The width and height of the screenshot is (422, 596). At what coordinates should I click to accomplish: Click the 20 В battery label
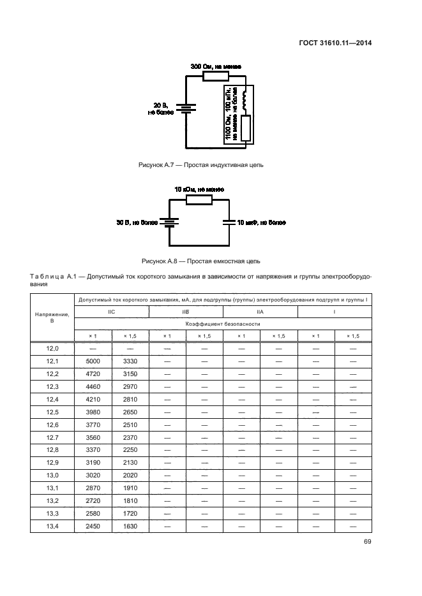click(161, 108)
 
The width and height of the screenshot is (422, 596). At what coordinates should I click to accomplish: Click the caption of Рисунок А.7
click(201, 164)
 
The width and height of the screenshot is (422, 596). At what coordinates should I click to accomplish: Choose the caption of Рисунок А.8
click(201, 261)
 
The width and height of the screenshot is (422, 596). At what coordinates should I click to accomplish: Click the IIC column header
click(111, 312)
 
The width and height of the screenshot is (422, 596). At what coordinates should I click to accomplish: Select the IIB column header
click(186, 312)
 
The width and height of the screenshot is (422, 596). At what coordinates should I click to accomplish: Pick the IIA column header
click(260, 312)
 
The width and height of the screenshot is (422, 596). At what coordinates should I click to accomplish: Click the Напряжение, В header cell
click(53, 317)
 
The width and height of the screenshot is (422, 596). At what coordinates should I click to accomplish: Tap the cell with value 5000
click(93, 361)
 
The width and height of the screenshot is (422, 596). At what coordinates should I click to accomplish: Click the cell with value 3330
click(130, 361)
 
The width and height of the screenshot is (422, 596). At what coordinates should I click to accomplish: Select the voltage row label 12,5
click(53, 412)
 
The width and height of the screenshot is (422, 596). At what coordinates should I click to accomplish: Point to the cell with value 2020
click(130, 476)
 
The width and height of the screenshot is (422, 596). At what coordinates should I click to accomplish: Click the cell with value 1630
click(130, 527)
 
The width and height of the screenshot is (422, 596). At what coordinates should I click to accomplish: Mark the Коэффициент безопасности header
click(223, 324)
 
